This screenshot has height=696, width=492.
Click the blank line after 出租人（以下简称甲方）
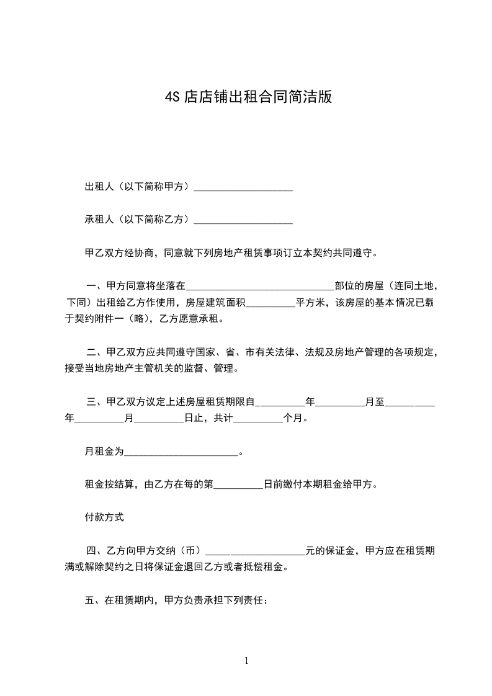tap(243, 187)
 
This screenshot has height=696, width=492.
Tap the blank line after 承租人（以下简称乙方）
tap(243, 220)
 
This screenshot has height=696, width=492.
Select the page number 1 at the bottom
tap(246, 661)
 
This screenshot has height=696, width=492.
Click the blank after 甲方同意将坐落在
tap(260, 287)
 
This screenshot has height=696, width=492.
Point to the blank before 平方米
tap(271, 303)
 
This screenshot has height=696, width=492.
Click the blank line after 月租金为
tap(181, 452)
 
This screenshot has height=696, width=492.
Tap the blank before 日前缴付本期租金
tap(238, 485)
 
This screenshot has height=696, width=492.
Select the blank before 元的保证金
tap(254, 550)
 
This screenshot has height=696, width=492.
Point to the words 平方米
tap(310, 303)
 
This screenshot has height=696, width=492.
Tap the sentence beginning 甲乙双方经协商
tap(231, 253)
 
